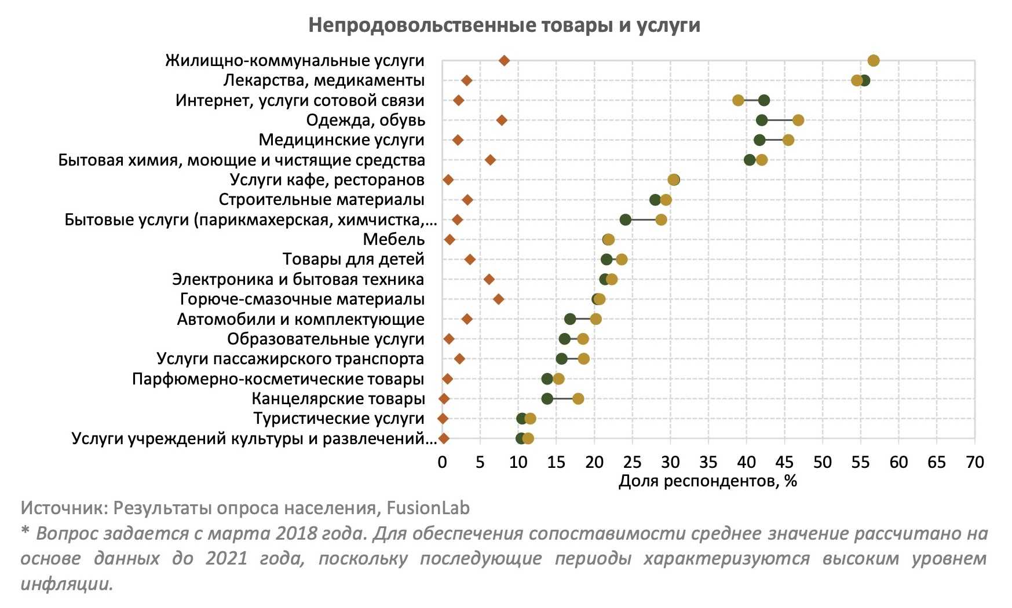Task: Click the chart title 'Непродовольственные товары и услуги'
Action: tap(504, 25)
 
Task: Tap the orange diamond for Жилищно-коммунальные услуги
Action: tap(504, 60)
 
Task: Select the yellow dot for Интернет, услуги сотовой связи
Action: tap(738, 100)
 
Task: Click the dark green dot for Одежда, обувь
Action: tap(762, 120)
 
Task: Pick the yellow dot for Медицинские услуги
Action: tap(788, 140)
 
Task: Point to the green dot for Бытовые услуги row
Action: tap(625, 219)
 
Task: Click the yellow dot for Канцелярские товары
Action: tap(578, 398)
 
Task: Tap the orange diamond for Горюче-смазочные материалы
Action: tap(498, 299)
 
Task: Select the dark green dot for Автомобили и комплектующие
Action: tap(570, 319)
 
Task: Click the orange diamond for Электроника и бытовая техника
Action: tap(489, 279)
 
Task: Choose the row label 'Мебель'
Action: tap(394, 239)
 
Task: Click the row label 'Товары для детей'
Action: tap(353, 259)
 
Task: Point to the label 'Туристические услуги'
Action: tap(339, 418)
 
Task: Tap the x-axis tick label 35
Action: tap(708, 462)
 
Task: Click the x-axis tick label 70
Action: tap(974, 462)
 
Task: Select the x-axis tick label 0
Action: tap(442, 462)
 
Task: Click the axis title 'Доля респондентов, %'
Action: tap(708, 481)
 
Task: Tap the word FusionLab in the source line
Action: tap(428, 508)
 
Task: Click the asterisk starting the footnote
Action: tap(25, 532)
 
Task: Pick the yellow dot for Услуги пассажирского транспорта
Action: tap(583, 359)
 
